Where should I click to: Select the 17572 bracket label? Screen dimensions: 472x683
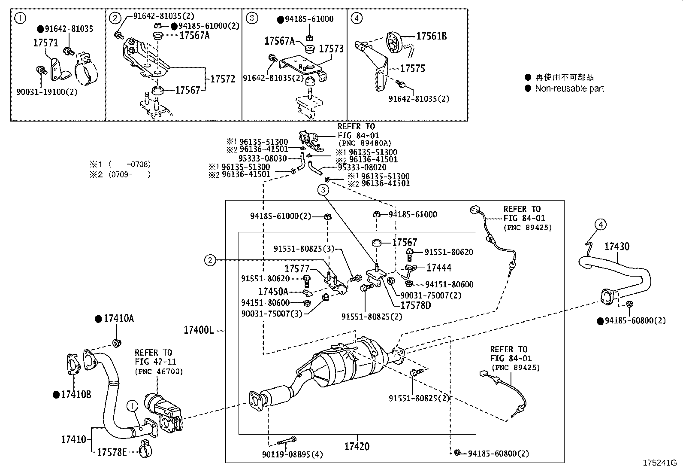tap(223, 79)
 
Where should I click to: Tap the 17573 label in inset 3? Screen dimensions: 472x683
tap(331, 49)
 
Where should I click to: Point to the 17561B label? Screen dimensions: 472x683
tap(431, 36)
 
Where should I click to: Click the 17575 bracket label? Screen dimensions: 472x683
tap(413, 68)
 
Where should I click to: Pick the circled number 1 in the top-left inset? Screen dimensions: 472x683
tap(20, 18)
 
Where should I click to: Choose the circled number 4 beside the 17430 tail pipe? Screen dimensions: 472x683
tap(601, 224)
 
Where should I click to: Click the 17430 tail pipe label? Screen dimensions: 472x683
tap(617, 247)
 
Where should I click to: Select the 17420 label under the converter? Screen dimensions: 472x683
tap(357, 447)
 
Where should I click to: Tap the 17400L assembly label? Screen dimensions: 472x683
tap(199, 330)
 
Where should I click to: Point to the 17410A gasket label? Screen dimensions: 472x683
tap(118, 318)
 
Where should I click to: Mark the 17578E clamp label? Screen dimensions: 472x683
tap(112, 452)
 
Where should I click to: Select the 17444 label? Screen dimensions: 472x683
tap(438, 268)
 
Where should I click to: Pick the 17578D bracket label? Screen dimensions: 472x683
tap(415, 305)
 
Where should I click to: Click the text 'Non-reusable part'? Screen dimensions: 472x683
tap(569, 88)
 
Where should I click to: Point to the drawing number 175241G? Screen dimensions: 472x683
tap(659, 463)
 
